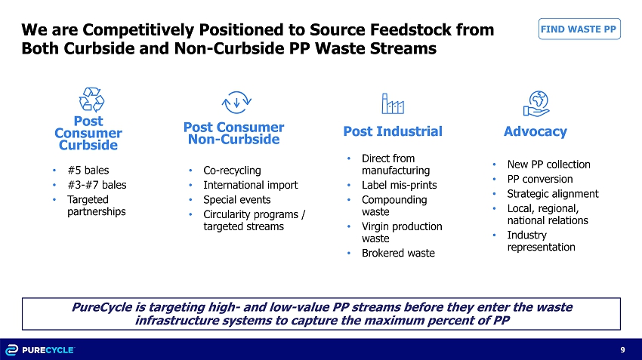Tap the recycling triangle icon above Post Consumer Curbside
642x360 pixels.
[x=91, y=100]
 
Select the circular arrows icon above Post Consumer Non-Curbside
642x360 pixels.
[x=235, y=103]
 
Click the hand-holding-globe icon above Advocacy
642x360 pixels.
[x=536, y=103]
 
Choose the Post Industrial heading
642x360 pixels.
[x=393, y=131]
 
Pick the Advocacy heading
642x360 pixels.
[x=535, y=131]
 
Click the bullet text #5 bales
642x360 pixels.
[x=88, y=170]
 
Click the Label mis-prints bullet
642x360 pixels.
[x=399, y=185]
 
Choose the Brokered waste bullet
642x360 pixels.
[x=398, y=253]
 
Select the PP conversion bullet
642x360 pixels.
[x=540, y=179]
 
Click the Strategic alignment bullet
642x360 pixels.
[x=553, y=193]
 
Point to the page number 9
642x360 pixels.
[x=622, y=349]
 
